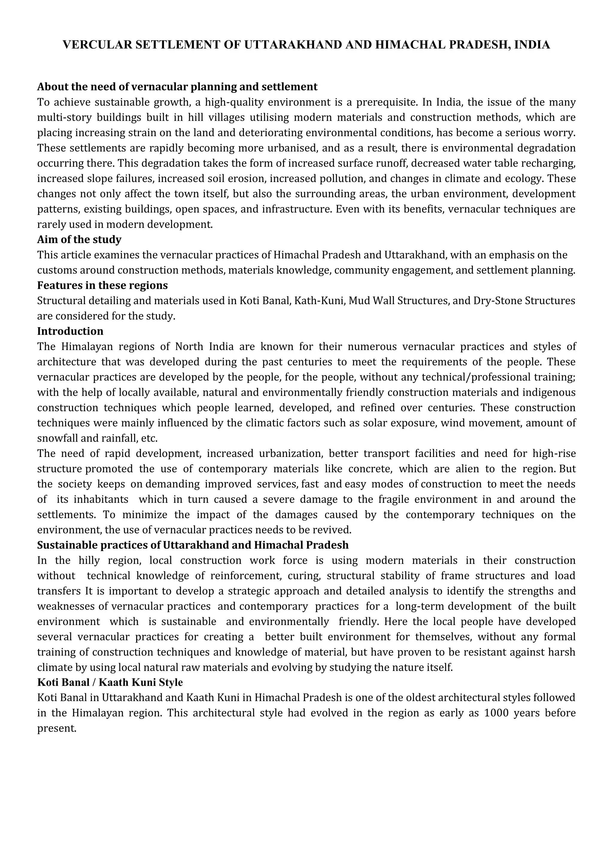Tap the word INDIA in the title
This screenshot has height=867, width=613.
pyautogui.click(x=532, y=45)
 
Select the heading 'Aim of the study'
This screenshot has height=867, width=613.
pyautogui.click(x=79, y=240)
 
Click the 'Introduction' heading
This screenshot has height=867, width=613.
pyautogui.click(x=70, y=331)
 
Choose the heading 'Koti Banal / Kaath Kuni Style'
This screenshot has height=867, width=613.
pyautogui.click(x=110, y=682)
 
